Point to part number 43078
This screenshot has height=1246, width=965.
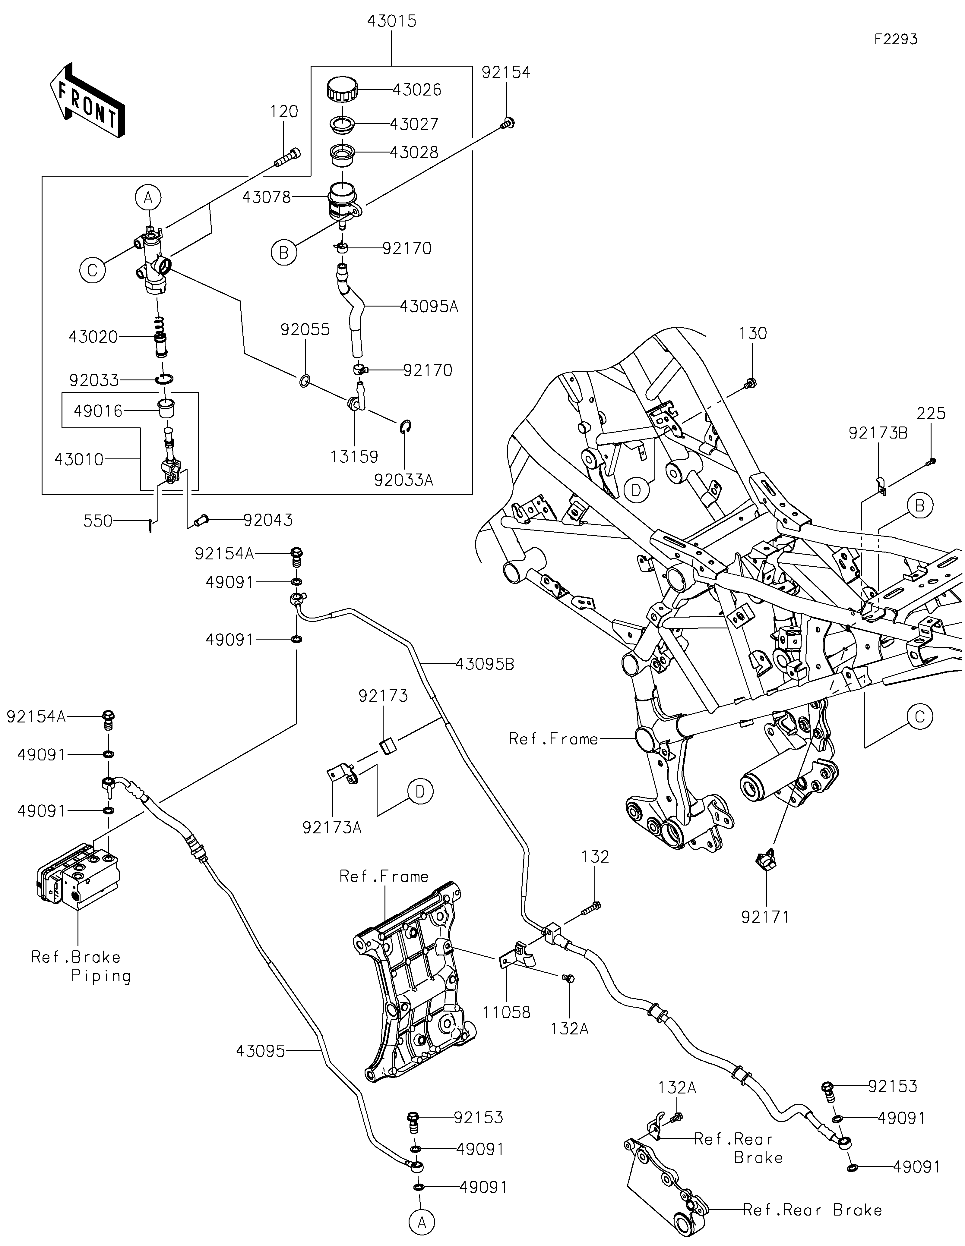pos(267,197)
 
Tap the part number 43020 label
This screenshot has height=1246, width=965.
pos(93,337)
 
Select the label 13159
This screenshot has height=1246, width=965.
pos(354,457)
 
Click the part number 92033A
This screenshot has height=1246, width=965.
pos(404,480)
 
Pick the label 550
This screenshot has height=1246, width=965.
pos(98,521)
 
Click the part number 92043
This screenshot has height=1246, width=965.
pos(268,520)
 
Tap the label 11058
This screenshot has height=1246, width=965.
pos(506,1013)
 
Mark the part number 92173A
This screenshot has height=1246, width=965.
pos(332,828)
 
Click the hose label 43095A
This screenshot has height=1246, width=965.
pos(429,307)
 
